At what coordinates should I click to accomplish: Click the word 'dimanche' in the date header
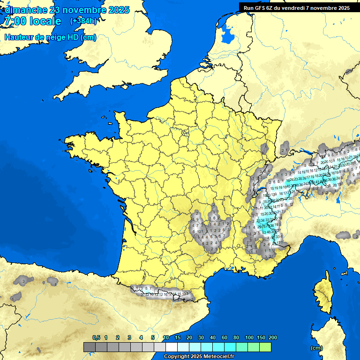click(26, 10)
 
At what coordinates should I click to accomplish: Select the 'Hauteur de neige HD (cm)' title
click(50, 37)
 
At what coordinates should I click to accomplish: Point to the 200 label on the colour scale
click(272, 338)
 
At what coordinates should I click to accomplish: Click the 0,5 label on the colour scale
click(96, 338)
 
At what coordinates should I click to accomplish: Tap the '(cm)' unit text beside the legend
click(316, 348)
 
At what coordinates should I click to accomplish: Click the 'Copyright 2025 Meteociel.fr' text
click(199, 357)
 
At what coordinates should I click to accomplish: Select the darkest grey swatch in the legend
click(89, 347)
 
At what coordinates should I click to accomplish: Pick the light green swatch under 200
click(265, 347)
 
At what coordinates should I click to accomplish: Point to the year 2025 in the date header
click(119, 10)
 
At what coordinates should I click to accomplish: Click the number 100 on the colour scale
click(249, 338)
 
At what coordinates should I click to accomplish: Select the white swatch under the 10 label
click(172, 347)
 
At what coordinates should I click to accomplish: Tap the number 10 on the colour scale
click(166, 338)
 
